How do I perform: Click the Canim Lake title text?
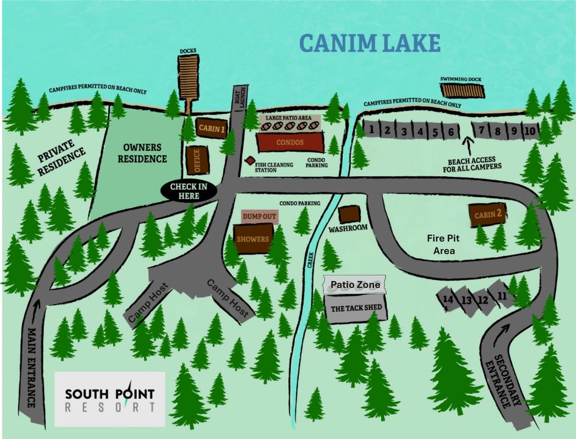click(369, 43)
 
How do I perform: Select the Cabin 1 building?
click(212, 128)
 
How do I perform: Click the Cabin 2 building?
click(488, 214)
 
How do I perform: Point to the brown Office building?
click(197, 160)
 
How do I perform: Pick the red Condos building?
click(290, 142)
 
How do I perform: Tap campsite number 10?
click(530, 131)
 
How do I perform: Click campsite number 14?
click(449, 300)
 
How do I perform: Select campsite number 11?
click(502, 295)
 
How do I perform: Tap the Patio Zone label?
click(355, 285)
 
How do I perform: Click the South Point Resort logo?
click(109, 399)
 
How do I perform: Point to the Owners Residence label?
click(142, 153)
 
